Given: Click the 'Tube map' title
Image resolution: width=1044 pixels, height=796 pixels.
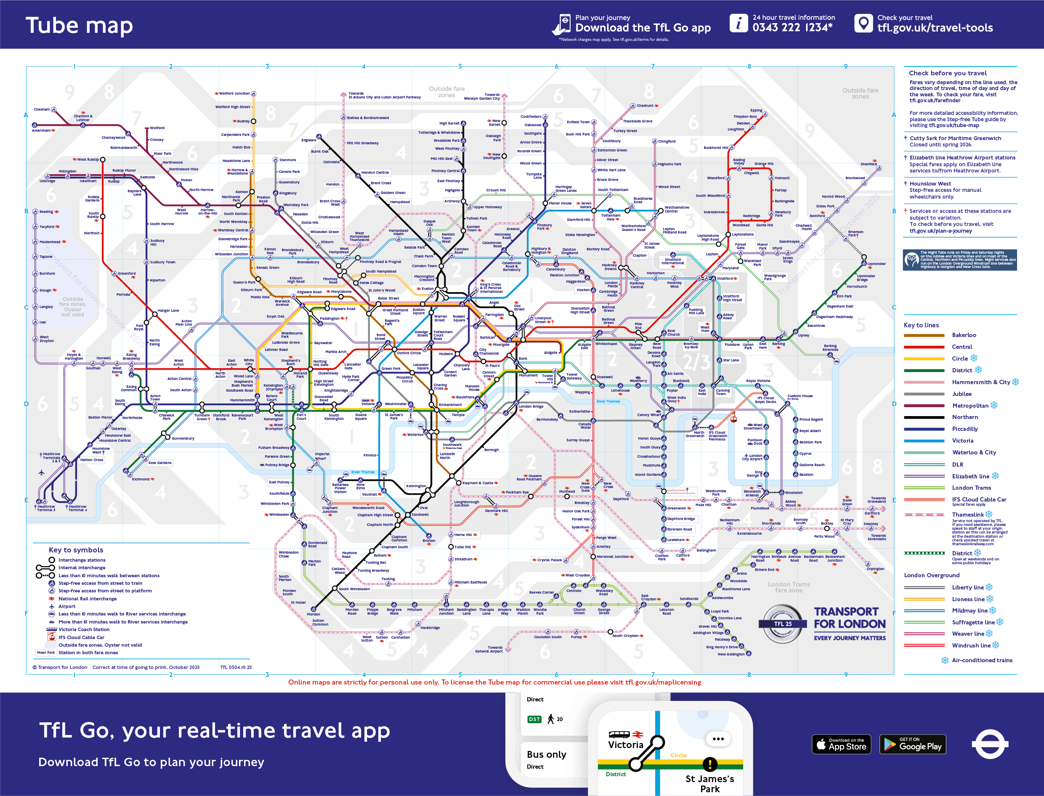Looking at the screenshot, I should pyautogui.click(x=79, y=25).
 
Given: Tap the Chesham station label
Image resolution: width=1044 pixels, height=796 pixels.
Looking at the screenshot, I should pyautogui.click(x=42, y=109).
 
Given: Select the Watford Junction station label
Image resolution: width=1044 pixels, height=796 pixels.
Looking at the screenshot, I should pyautogui.click(x=234, y=93).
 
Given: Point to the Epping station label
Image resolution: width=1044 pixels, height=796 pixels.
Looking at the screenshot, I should pyautogui.click(x=756, y=110).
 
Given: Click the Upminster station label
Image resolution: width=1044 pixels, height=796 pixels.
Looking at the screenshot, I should pyautogui.click(x=876, y=264).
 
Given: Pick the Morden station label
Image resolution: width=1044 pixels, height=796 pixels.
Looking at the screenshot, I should pyautogui.click(x=313, y=614).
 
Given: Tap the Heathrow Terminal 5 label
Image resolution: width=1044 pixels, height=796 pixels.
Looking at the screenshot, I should pyautogui.click(x=46, y=508).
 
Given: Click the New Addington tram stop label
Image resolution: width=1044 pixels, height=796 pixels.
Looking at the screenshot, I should pyautogui.click(x=731, y=654).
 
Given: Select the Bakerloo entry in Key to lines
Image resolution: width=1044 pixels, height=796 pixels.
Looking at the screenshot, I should pyautogui.click(x=964, y=335).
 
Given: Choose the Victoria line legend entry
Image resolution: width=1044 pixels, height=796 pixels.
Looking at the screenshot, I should pyautogui.click(x=962, y=440).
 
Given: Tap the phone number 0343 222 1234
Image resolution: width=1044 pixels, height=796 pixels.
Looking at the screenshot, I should pyautogui.click(x=792, y=27).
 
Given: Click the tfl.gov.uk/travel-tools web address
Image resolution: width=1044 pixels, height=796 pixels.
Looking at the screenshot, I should pyautogui.click(x=935, y=28).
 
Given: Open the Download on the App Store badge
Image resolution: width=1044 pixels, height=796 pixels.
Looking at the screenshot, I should pyautogui.click(x=841, y=744).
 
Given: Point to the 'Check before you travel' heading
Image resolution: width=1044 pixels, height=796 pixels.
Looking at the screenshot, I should pyautogui.click(x=948, y=73).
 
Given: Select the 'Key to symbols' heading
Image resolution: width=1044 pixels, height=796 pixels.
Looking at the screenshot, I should pyautogui.click(x=76, y=550).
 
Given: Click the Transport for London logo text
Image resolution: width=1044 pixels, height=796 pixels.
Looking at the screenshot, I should pyautogui.click(x=849, y=618).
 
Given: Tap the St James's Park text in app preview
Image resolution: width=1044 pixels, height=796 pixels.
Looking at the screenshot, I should pyautogui.click(x=709, y=783).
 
